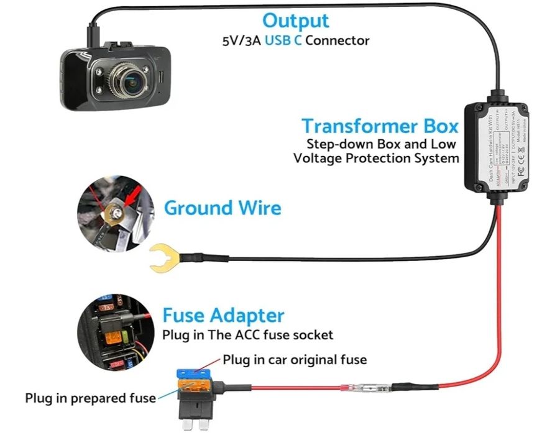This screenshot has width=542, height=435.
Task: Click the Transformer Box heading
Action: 380,126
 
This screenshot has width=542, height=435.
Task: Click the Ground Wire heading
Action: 223,208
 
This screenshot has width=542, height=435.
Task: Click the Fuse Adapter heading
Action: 223,315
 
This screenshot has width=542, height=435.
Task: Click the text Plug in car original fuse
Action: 295,360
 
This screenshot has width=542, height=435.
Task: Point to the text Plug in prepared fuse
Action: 90,398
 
